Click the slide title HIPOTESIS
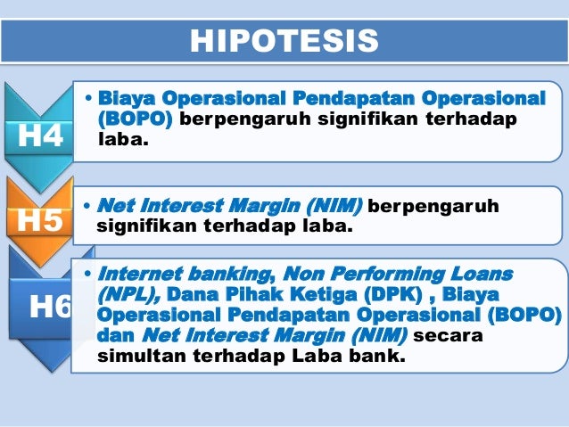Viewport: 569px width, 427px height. tap(284, 40)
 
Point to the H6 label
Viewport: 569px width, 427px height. tap(50, 307)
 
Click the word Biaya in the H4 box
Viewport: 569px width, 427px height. tap(126, 97)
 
